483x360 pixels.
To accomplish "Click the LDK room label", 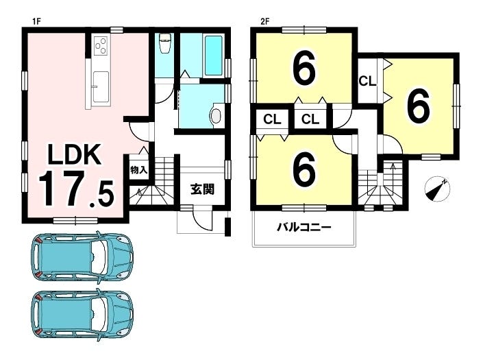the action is pyautogui.click(x=74, y=154).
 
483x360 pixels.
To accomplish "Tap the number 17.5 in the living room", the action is pyautogui.click(x=76, y=189).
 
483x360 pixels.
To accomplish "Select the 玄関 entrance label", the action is pyautogui.click(x=202, y=189).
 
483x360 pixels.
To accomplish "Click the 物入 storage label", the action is pyautogui.click(x=138, y=169).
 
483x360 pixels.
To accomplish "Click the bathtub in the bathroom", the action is pyautogui.click(x=214, y=56).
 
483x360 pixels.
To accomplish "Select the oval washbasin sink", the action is pyautogui.click(x=216, y=117).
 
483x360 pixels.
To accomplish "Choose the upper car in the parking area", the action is pyautogui.click(x=83, y=256).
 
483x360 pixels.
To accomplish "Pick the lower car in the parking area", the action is pyautogui.click(x=83, y=314).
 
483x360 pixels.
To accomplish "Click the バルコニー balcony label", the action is pyautogui.click(x=304, y=228).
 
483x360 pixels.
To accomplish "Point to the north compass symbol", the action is pyautogui.click(x=437, y=189).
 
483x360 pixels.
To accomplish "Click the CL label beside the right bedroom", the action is pyautogui.click(x=367, y=81).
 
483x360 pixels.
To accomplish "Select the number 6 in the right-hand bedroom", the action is pyautogui.click(x=419, y=106).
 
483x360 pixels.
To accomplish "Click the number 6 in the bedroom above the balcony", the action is pyautogui.click(x=304, y=169).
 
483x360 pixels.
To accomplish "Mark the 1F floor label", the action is pyautogui.click(x=37, y=21).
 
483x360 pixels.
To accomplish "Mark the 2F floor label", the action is pyautogui.click(x=264, y=21).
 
